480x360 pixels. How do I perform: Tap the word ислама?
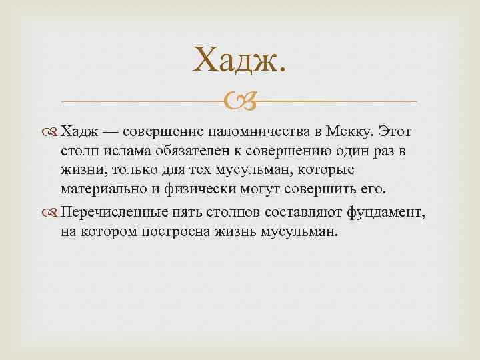pyautogui.click(x=125, y=151)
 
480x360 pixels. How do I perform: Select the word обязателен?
pyautogui.click(x=189, y=151)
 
